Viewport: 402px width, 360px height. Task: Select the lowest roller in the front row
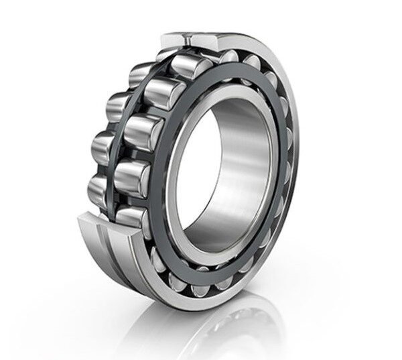(x=131, y=216)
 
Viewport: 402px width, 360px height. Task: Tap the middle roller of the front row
(x=139, y=133)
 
